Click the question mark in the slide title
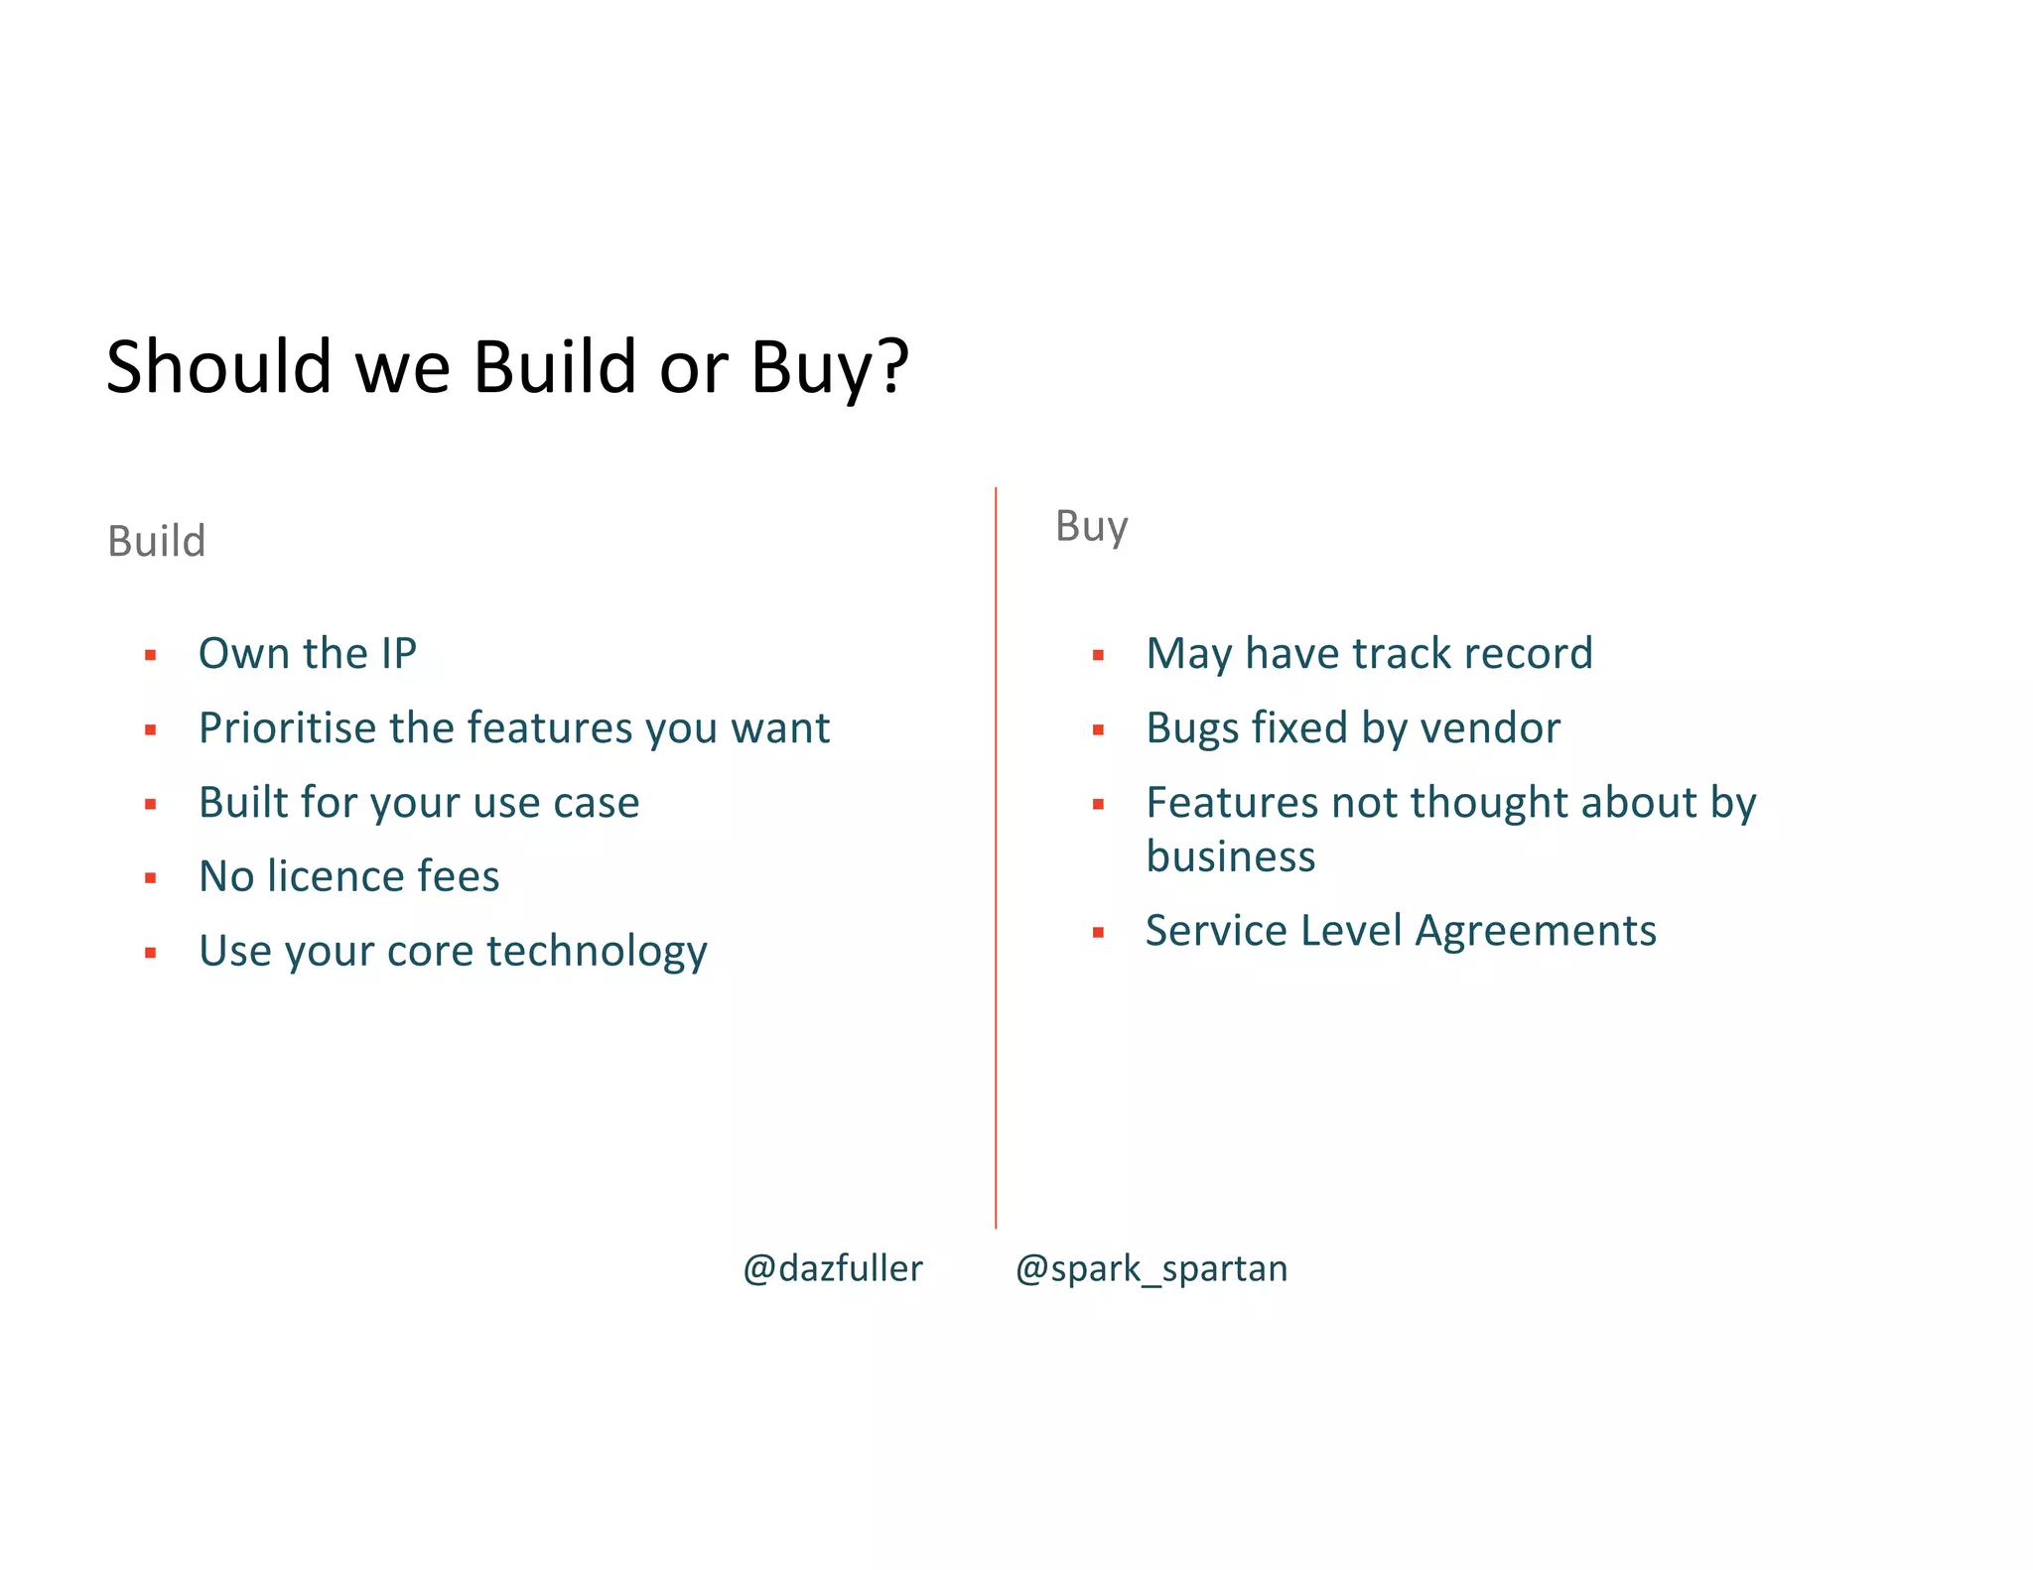tap(891, 365)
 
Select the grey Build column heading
tap(157, 541)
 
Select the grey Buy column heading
tap(1091, 526)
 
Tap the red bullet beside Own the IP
tap(151, 655)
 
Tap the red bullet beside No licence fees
tap(151, 878)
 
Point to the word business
tap(1231, 856)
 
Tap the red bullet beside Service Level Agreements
tap(1098, 933)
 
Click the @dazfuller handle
tap(833, 1268)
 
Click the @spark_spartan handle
tap(1152, 1268)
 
